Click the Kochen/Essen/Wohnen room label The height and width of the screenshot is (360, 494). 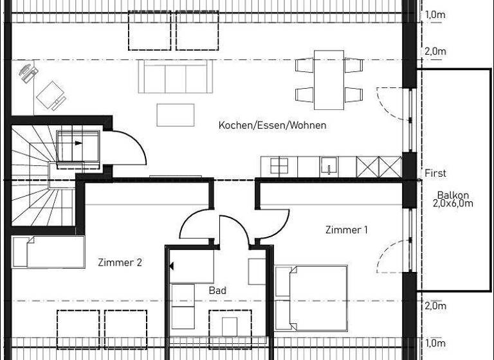pyautogui.click(x=272, y=125)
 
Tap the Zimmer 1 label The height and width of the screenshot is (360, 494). pyautogui.click(x=346, y=230)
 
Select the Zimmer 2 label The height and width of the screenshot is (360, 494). pyautogui.click(x=120, y=262)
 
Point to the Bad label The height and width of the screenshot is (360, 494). pyautogui.click(x=217, y=291)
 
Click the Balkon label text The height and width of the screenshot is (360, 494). pyautogui.click(x=453, y=195)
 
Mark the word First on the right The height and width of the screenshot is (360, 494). pyautogui.click(x=435, y=173)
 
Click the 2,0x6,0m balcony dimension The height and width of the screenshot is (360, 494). pyautogui.click(x=453, y=204)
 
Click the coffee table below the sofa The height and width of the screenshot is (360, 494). pyautogui.click(x=176, y=114)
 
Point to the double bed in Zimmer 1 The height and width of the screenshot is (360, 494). pyautogui.click(x=311, y=298)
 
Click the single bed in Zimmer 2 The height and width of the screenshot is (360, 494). pyautogui.click(x=48, y=251)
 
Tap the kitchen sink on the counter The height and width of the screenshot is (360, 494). pyautogui.click(x=328, y=166)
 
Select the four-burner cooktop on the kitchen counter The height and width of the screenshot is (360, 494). pyautogui.click(x=279, y=166)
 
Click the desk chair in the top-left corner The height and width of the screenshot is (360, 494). pyautogui.click(x=27, y=73)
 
